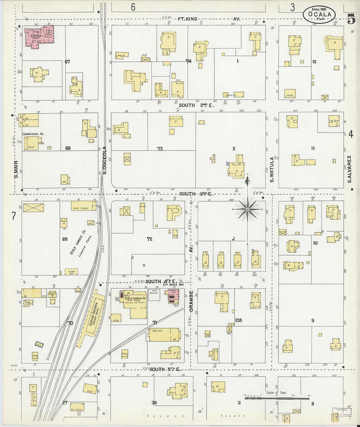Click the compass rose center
[x=248, y=209]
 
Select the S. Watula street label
[x=271, y=169]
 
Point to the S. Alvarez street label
[x=349, y=169]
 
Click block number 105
[x=238, y=320]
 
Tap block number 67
[x=67, y=62]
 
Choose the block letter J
[x=233, y=239]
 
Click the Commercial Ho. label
[x=33, y=134]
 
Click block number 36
[x=154, y=403]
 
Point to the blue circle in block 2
[x=227, y=164]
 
